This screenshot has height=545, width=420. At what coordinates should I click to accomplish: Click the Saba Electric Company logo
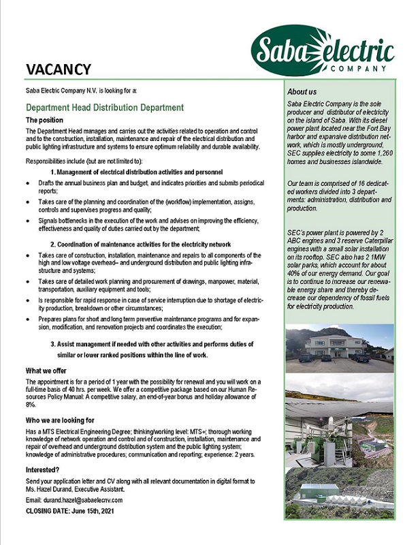pos(323,50)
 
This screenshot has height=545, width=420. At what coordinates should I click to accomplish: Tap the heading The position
pos(45,120)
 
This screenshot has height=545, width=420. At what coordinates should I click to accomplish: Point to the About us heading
pos(302,91)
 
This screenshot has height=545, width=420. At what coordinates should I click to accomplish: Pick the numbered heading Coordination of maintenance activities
pos(145,244)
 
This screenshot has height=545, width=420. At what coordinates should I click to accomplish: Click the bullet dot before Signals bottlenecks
pos(27,221)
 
